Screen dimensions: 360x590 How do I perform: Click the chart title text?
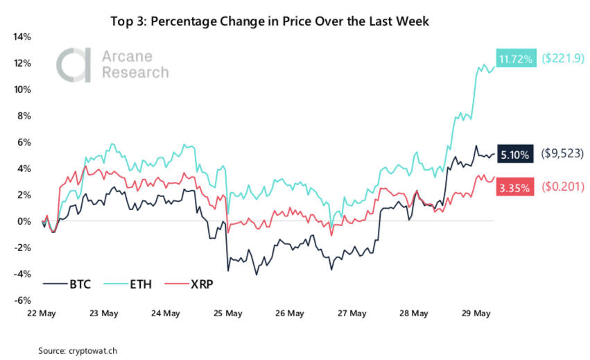click(x=270, y=22)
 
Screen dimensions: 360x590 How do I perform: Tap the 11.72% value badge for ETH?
click(x=514, y=60)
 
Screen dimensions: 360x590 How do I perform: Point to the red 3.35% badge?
click(x=514, y=187)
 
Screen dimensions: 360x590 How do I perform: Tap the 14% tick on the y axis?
click(x=22, y=37)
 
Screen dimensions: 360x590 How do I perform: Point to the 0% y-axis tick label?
click(x=25, y=221)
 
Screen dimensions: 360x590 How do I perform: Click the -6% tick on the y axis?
click(x=23, y=300)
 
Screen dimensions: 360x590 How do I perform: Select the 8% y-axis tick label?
click(x=25, y=116)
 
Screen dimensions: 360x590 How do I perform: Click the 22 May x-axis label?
click(x=41, y=314)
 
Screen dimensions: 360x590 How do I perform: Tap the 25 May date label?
click(x=228, y=314)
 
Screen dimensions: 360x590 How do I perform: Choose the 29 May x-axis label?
click(x=477, y=314)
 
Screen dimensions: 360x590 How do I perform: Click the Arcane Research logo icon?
click(x=74, y=65)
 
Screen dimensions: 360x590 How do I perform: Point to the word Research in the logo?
click(x=135, y=72)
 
